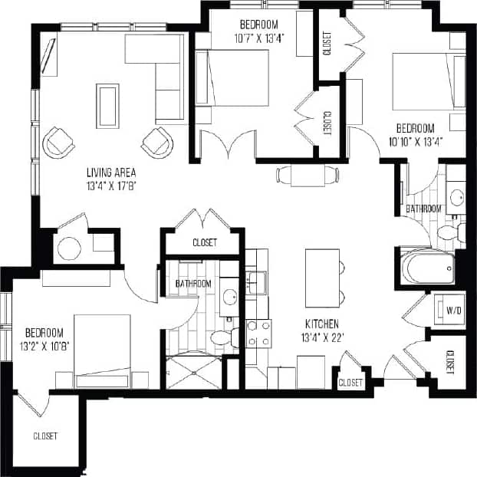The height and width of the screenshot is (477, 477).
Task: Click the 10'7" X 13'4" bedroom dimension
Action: point(258,39)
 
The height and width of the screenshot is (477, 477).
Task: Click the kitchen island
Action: point(321,275)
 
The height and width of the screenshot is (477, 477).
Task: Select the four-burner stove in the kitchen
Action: point(258,335)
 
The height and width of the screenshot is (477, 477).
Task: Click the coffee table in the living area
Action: point(107,106)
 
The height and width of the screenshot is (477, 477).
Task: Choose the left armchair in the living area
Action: point(58,143)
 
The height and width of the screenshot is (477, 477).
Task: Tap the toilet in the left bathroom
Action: point(222,337)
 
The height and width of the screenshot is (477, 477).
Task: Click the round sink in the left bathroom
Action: point(229,297)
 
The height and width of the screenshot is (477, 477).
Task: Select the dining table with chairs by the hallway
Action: point(308,175)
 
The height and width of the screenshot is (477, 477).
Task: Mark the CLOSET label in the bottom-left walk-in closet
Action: point(45,436)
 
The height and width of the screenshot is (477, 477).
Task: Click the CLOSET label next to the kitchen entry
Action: point(350,381)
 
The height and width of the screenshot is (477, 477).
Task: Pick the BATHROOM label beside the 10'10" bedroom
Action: point(423,209)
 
